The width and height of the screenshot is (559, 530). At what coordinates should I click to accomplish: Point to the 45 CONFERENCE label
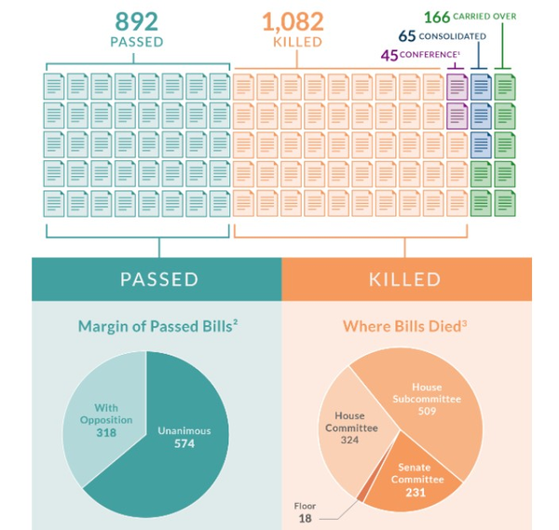click(417, 54)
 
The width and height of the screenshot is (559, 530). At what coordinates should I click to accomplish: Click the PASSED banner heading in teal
click(157, 279)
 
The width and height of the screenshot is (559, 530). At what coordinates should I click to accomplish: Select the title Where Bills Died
click(404, 326)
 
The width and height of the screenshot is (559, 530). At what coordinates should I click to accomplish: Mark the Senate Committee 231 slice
click(415, 475)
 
